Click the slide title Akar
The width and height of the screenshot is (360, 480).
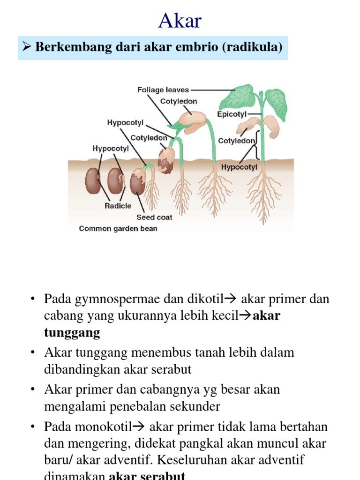pyautogui.click(x=180, y=21)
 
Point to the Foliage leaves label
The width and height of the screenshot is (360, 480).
pyautogui.click(x=163, y=90)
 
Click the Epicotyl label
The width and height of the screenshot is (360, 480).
pyautogui.click(x=232, y=114)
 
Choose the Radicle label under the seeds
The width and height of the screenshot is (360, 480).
pyautogui.click(x=118, y=206)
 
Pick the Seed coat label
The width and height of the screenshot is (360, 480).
pyautogui.click(x=154, y=217)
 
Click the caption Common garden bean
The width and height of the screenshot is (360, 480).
pyautogui.click(x=118, y=229)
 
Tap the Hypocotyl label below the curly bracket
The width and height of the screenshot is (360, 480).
pyautogui.click(x=239, y=167)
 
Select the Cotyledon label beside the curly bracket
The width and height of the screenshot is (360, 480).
pyautogui.click(x=237, y=141)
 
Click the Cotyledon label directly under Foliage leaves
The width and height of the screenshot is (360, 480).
pyautogui.click(x=179, y=101)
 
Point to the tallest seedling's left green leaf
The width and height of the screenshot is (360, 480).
pyautogui.click(x=238, y=97)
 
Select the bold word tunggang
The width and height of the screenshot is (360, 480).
pyautogui.click(x=72, y=333)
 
